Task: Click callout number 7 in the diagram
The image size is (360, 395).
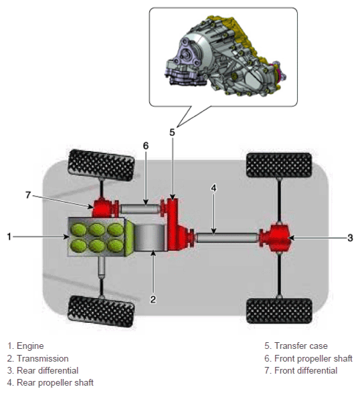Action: pyautogui.click(x=28, y=194)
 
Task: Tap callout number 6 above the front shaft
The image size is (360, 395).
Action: pyautogui.click(x=146, y=146)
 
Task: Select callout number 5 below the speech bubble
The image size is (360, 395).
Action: pyautogui.click(x=172, y=132)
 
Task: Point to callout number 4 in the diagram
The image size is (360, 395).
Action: pyautogui.click(x=213, y=188)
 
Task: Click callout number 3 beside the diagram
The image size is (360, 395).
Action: pyautogui.click(x=350, y=237)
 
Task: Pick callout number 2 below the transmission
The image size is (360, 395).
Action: pyautogui.click(x=153, y=299)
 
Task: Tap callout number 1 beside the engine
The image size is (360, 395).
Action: pyautogui.click(x=9, y=237)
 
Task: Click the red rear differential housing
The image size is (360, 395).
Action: pyautogui.click(x=276, y=238)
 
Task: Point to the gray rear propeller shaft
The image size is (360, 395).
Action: pyautogui.click(x=227, y=238)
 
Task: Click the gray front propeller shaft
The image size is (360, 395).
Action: pyautogui.click(x=141, y=209)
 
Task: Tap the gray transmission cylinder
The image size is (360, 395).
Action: pyautogui.click(x=151, y=237)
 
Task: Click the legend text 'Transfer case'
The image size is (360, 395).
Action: pyautogui.click(x=301, y=346)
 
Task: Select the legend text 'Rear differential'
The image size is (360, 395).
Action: pyautogui.click(x=48, y=370)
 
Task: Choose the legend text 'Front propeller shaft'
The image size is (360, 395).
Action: pyautogui.click(x=313, y=358)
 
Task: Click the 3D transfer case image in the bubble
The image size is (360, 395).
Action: pyautogui.click(x=225, y=56)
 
